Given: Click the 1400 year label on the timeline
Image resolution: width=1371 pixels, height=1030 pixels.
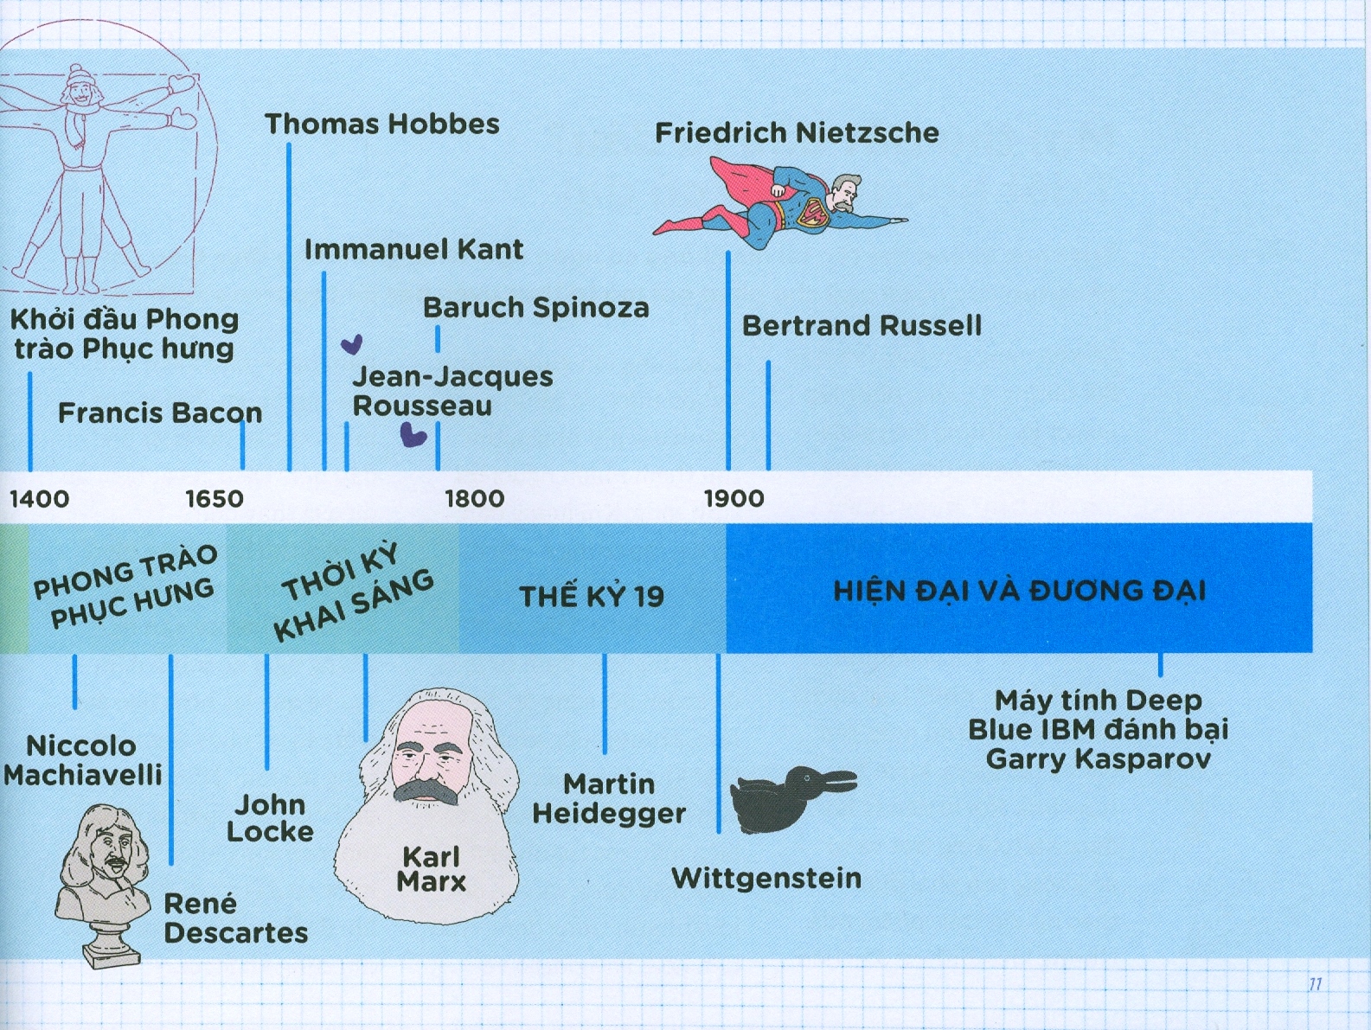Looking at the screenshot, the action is click(40, 499).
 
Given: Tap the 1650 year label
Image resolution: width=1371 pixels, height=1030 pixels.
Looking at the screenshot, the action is click(215, 499).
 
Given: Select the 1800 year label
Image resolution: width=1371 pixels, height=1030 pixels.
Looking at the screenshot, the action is click(475, 499).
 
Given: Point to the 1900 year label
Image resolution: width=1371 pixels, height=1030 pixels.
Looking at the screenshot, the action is click(734, 499).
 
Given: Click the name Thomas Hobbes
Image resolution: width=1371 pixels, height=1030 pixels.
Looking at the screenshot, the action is click(382, 125).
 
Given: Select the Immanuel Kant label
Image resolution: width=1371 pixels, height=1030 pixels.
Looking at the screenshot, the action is click(413, 250).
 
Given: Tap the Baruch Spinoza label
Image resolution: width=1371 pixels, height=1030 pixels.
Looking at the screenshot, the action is click(535, 308).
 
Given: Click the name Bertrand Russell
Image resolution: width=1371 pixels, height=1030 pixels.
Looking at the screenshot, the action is click(862, 326).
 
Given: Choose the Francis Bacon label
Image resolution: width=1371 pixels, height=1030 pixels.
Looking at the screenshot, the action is click(160, 413).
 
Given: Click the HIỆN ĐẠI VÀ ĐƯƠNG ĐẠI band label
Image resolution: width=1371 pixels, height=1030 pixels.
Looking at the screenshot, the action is click(1020, 592).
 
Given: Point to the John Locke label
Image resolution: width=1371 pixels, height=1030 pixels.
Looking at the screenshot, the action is click(270, 818).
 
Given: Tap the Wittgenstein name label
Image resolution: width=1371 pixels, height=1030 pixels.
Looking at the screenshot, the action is click(766, 879).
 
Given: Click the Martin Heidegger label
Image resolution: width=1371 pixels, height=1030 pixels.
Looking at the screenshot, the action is click(609, 799).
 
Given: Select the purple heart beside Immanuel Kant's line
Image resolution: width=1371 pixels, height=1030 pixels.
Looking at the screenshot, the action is click(351, 344).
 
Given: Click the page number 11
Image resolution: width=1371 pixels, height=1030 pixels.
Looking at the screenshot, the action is click(1315, 984).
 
